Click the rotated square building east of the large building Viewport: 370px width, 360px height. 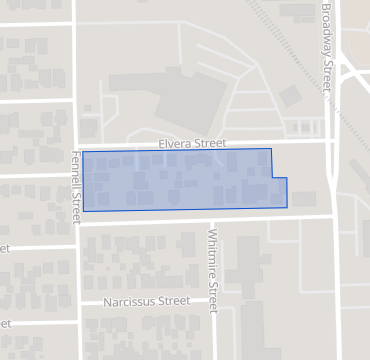291,96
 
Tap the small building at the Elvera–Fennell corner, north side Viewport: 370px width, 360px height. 89,129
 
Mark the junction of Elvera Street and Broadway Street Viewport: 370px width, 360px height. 332,141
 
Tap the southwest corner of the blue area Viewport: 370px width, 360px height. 83,210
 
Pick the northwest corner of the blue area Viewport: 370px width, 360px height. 82,152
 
